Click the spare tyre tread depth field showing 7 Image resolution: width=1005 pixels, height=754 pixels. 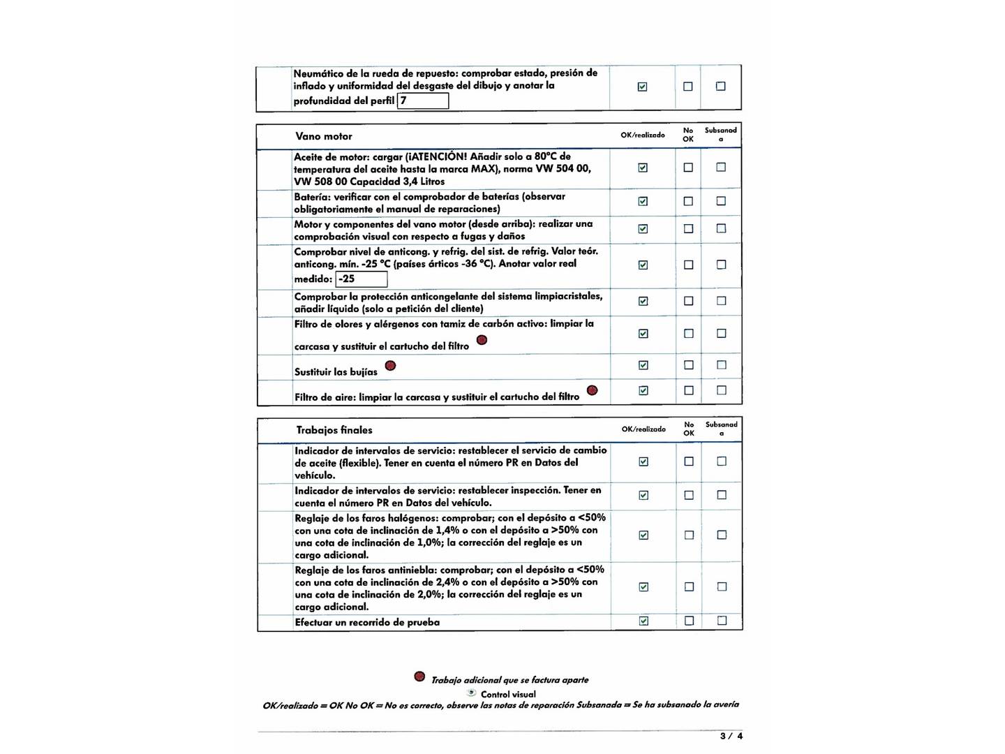pos(423,101)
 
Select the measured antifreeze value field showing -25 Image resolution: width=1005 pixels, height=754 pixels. pos(362,279)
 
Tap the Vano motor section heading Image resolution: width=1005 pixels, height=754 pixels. pos(324,136)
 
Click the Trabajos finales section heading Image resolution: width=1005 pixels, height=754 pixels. pos(334,430)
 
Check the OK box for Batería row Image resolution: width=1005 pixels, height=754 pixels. pos(643,201)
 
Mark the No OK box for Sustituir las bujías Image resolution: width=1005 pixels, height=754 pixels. pos(689,365)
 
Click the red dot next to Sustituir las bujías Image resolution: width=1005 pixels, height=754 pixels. pos(390,366)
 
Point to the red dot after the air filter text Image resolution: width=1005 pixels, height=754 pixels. pos(592,390)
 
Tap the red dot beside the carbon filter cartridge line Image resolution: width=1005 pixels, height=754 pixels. pos(482,340)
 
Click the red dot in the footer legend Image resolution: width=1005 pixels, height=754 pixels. pos(419,677)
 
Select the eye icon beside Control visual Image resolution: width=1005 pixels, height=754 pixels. pos(472,693)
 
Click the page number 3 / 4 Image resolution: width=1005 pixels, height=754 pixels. pos(731,736)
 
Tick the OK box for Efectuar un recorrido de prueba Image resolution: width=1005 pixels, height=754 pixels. pos(643,621)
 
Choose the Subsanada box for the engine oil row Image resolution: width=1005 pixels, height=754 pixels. pos(721,168)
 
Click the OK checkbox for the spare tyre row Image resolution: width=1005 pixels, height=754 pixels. pos(642,87)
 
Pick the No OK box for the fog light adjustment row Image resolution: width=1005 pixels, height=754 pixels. pos(689,587)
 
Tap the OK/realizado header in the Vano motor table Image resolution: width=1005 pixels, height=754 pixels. pos(643,135)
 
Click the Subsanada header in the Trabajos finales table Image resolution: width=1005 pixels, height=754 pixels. pos(722,429)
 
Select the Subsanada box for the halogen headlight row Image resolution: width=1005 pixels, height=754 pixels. pos(722,535)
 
